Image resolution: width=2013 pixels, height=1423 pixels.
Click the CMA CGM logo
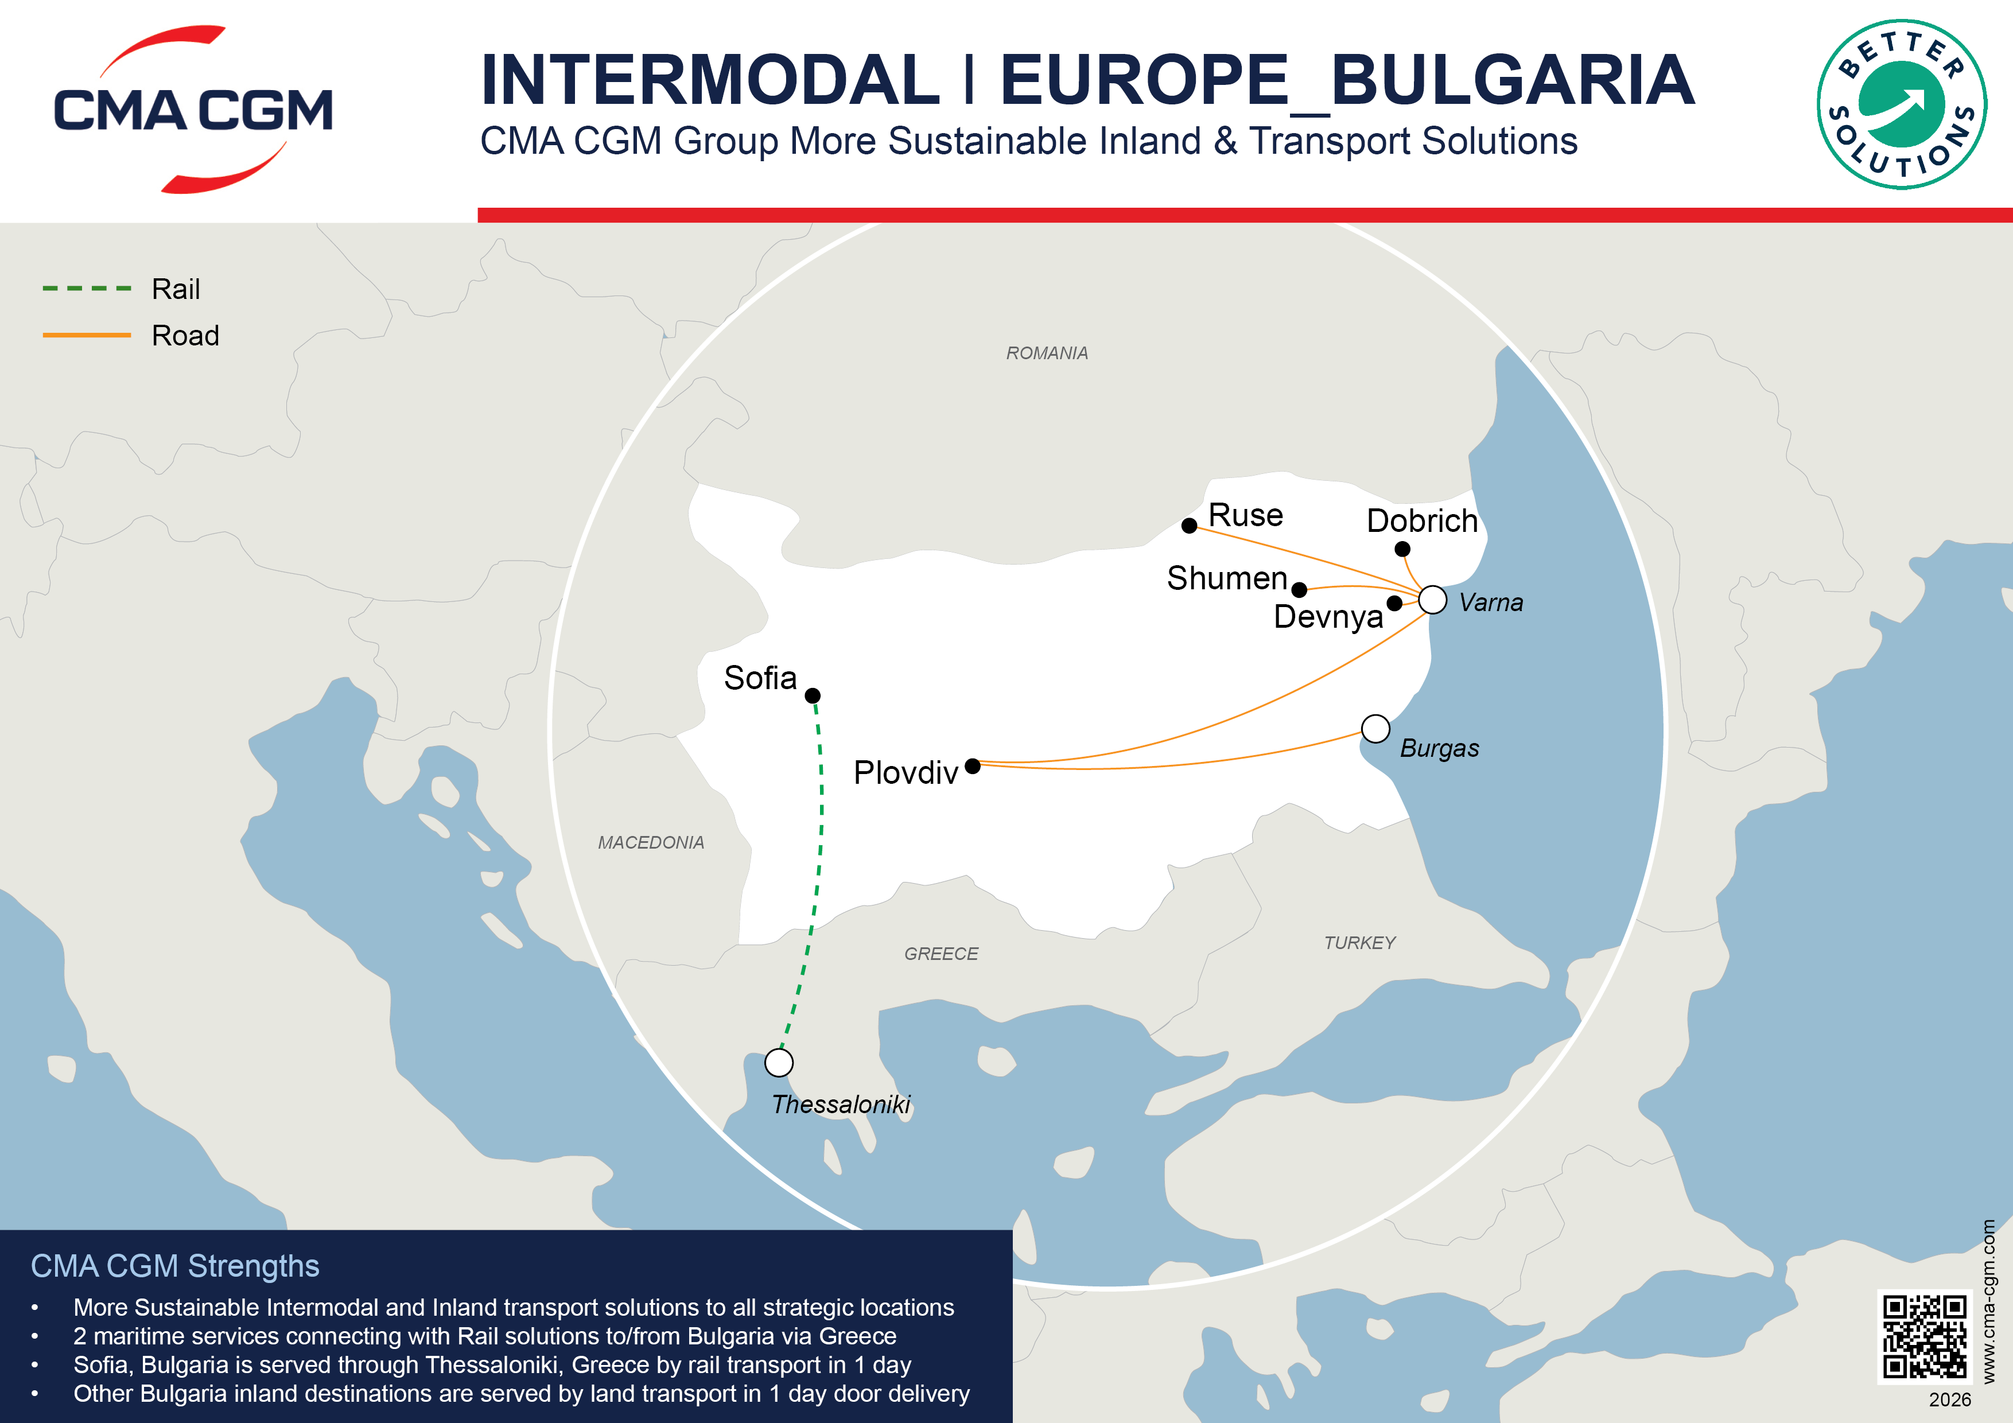click(193, 110)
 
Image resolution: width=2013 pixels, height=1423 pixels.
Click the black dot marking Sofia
click(813, 696)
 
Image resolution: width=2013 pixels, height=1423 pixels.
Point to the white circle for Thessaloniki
click(779, 1063)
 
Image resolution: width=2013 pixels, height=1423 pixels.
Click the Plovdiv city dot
click(972, 767)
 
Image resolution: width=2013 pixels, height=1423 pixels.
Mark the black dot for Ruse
click(1190, 525)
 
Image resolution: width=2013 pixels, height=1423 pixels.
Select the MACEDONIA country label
click(651, 842)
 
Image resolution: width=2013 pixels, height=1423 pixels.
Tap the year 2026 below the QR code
click(1950, 1399)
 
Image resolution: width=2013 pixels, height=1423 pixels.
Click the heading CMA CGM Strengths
click(176, 1266)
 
